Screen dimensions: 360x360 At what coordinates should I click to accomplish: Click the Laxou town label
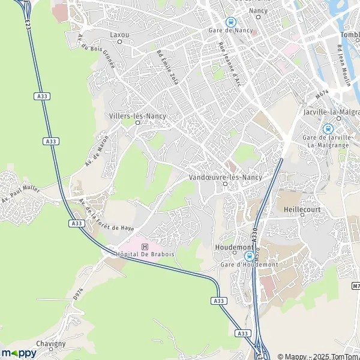click(119, 35)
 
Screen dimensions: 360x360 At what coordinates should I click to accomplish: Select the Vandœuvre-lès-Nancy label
click(225, 178)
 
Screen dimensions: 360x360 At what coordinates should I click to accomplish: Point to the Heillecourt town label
click(298, 211)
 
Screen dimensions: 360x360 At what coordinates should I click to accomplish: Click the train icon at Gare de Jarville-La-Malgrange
click(328, 128)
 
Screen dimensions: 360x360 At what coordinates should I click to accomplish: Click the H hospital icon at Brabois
click(143, 246)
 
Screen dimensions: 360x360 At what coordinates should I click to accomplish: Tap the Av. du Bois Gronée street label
click(96, 59)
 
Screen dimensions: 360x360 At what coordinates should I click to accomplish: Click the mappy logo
click(19, 353)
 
